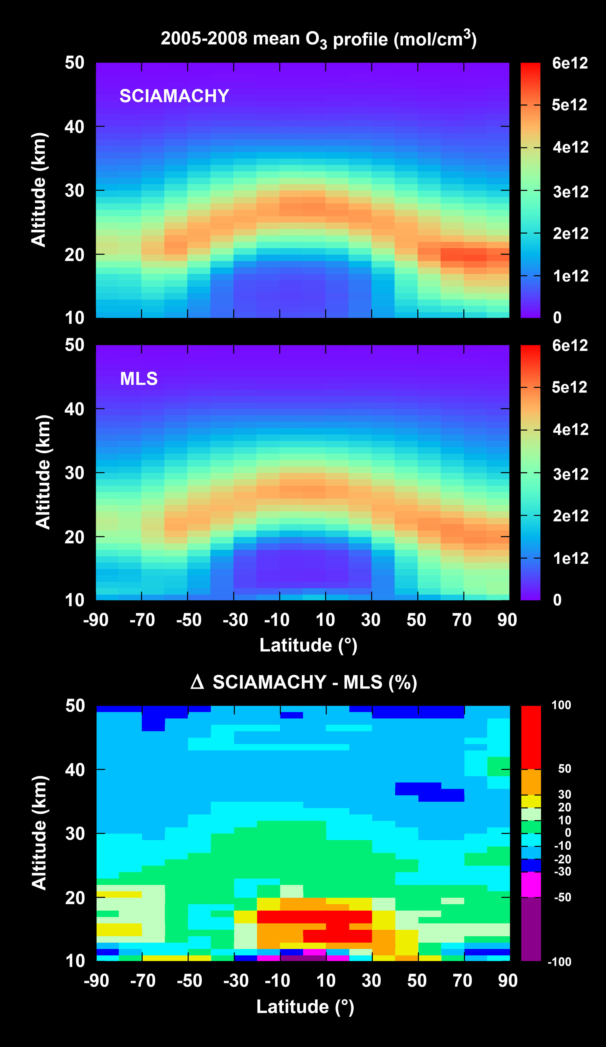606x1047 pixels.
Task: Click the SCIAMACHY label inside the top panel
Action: click(x=174, y=96)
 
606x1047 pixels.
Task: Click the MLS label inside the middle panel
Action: click(x=139, y=378)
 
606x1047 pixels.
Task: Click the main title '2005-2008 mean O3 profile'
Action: click(x=318, y=39)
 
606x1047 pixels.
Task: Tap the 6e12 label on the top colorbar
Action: click(x=570, y=63)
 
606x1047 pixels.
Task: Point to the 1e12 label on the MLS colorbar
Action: click(x=570, y=558)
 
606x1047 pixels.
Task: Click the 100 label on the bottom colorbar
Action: click(x=561, y=705)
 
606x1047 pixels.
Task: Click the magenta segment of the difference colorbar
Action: click(x=531, y=885)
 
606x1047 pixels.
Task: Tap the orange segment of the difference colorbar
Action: click(x=531, y=782)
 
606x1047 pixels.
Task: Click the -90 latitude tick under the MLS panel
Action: click(x=96, y=620)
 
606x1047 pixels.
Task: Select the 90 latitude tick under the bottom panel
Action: click(x=507, y=980)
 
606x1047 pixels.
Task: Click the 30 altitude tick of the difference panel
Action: click(x=75, y=833)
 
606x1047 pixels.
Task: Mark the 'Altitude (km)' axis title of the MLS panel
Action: click(x=42, y=472)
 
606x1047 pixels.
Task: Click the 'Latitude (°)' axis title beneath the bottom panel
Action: click(x=305, y=1006)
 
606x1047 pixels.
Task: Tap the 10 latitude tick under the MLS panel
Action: click(x=325, y=620)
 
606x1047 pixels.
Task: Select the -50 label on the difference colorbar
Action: click(x=563, y=897)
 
